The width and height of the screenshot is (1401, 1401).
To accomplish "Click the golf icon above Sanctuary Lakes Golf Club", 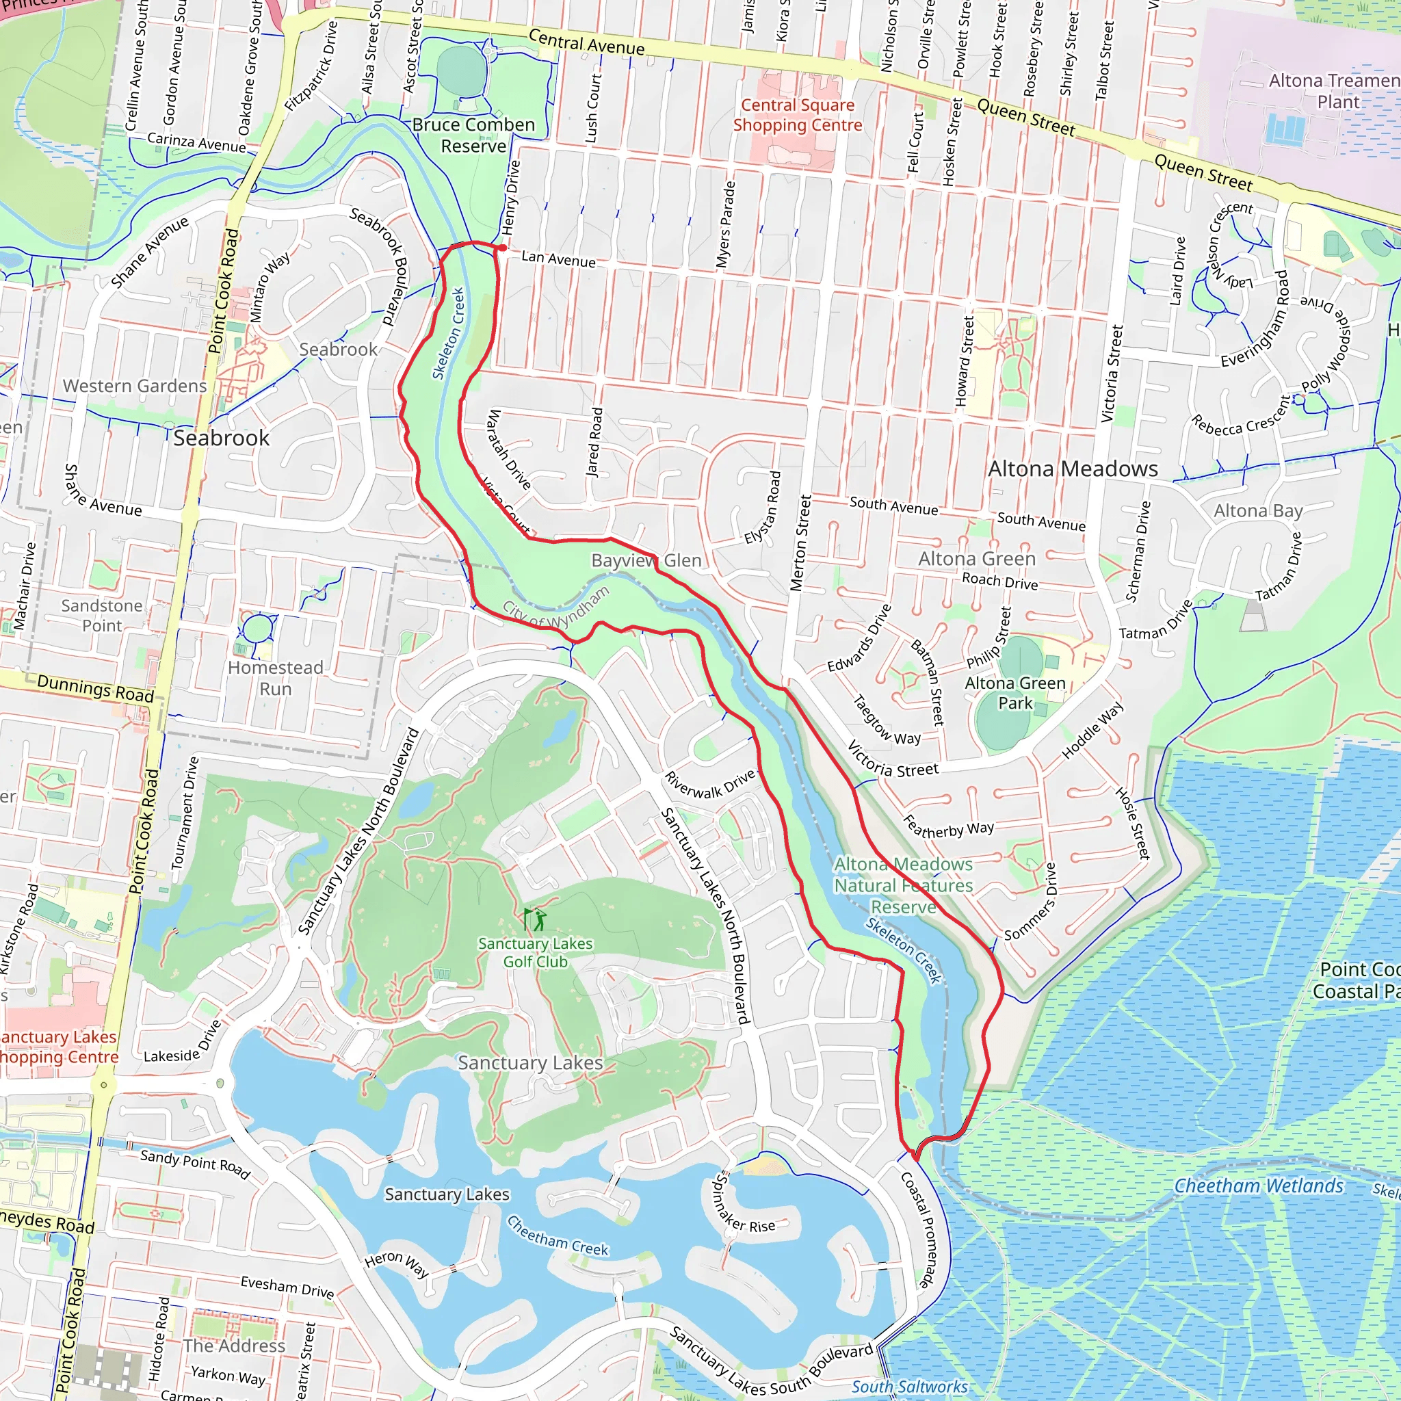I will [535, 919].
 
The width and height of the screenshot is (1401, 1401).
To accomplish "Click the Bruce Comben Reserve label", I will [473, 135].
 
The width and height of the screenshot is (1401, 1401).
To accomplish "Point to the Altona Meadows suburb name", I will [1073, 469].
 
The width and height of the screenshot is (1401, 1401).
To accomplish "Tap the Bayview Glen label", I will [646, 560].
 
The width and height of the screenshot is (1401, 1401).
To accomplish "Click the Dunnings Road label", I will [95, 688].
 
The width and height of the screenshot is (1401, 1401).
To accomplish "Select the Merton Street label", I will [800, 543].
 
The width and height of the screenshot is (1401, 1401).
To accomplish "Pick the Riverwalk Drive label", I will [710, 785].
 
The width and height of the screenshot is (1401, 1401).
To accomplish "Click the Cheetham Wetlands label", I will [1258, 1186].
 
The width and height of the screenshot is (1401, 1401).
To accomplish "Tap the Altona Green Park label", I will [1014, 693].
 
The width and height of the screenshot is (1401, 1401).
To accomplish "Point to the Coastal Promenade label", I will [919, 1230].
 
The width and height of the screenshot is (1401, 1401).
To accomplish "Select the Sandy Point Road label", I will [194, 1164].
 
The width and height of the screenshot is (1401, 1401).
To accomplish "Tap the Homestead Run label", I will [276, 678].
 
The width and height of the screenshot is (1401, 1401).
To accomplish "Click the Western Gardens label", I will [135, 386].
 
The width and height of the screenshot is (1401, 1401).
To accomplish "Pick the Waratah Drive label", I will [508, 449].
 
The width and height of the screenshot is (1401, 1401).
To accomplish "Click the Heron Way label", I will [396, 1264].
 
